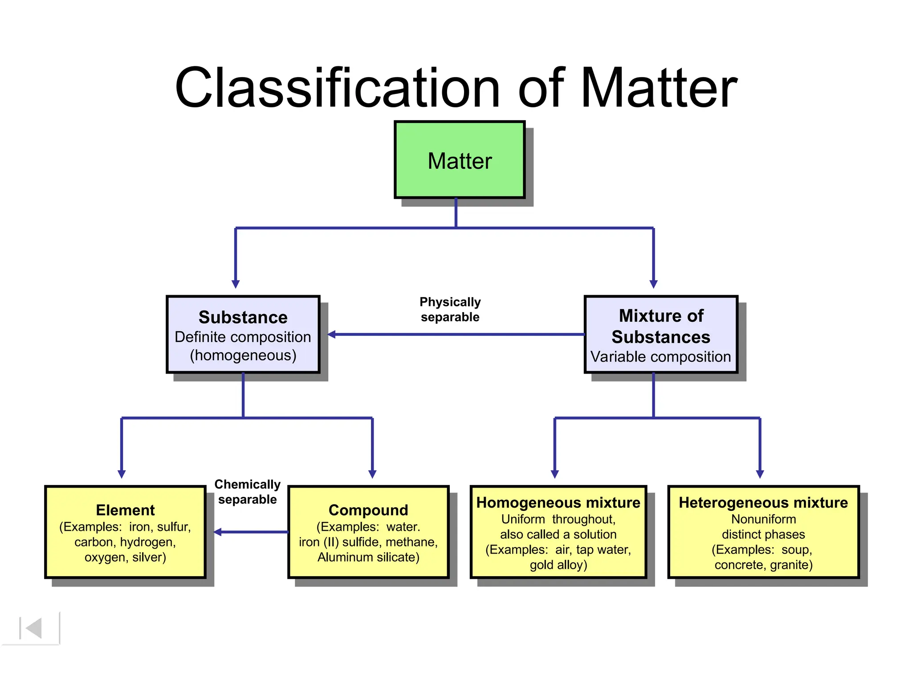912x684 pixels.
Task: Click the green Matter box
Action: (460, 160)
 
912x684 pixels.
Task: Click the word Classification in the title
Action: (337, 88)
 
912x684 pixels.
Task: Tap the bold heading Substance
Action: (243, 318)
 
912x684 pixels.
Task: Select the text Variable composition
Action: (660, 357)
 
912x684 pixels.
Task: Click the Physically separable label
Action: (450, 309)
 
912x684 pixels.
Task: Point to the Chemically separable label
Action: (247, 492)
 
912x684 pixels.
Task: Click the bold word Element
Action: (125, 510)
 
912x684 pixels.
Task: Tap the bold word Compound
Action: (368, 510)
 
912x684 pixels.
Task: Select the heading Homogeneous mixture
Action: (558, 503)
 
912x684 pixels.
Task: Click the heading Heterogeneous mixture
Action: (763, 503)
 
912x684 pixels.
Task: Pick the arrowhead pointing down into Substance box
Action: (236, 284)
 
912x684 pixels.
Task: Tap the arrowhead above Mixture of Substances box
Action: (653, 284)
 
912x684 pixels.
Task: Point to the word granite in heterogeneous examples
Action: (791, 565)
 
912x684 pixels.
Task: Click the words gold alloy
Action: (558, 565)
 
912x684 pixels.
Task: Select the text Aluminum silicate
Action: (368, 558)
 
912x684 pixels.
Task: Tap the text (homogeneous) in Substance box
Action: (243, 356)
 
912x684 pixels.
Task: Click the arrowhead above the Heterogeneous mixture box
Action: (760, 474)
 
